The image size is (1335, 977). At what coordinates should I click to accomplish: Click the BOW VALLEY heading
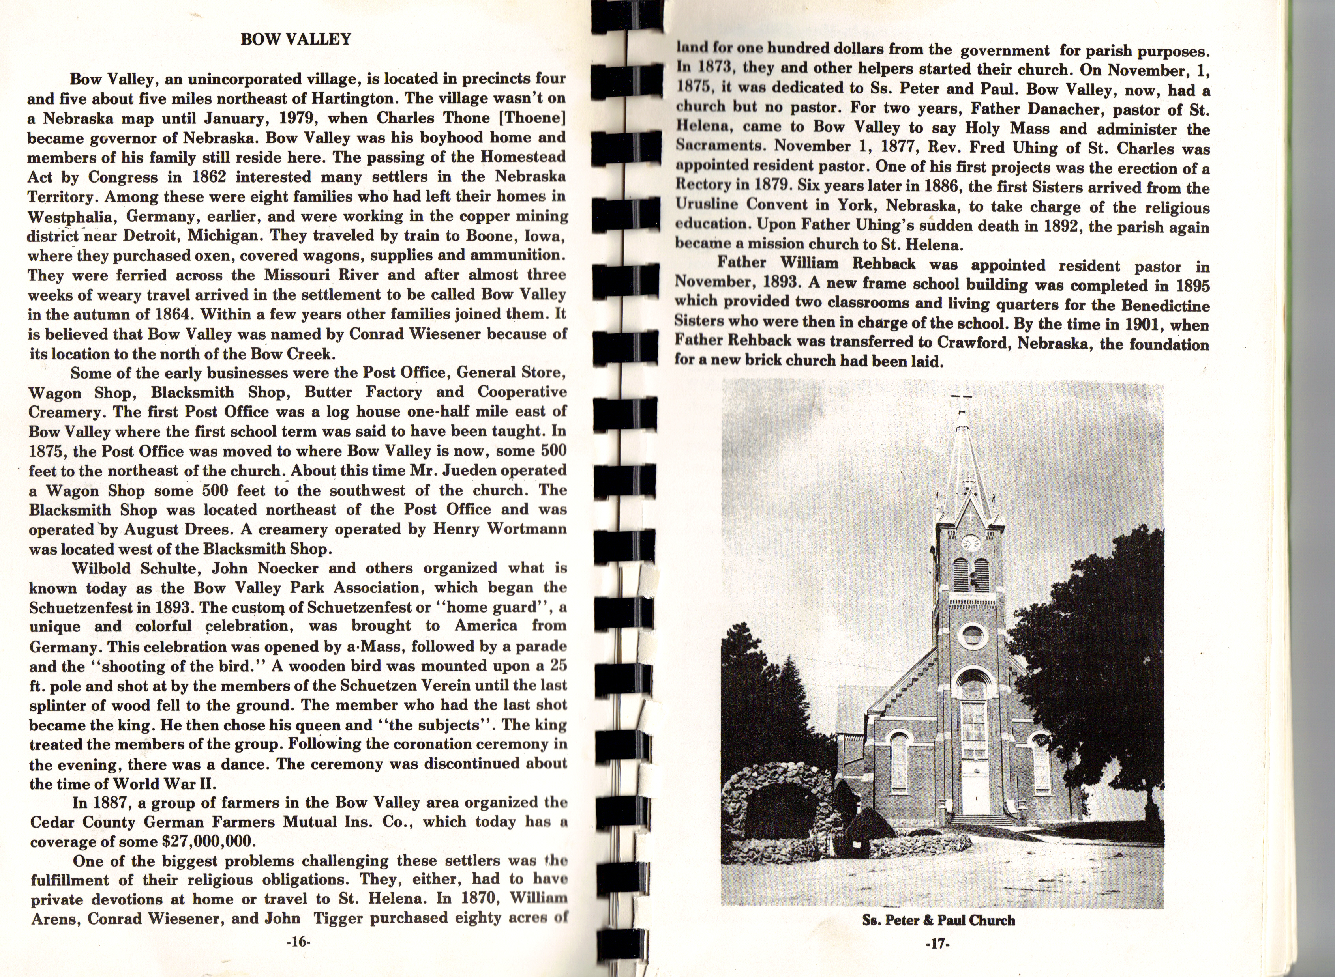point(296,39)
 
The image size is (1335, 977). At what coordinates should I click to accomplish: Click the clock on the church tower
point(971,543)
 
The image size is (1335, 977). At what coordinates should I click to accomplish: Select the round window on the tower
point(972,636)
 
